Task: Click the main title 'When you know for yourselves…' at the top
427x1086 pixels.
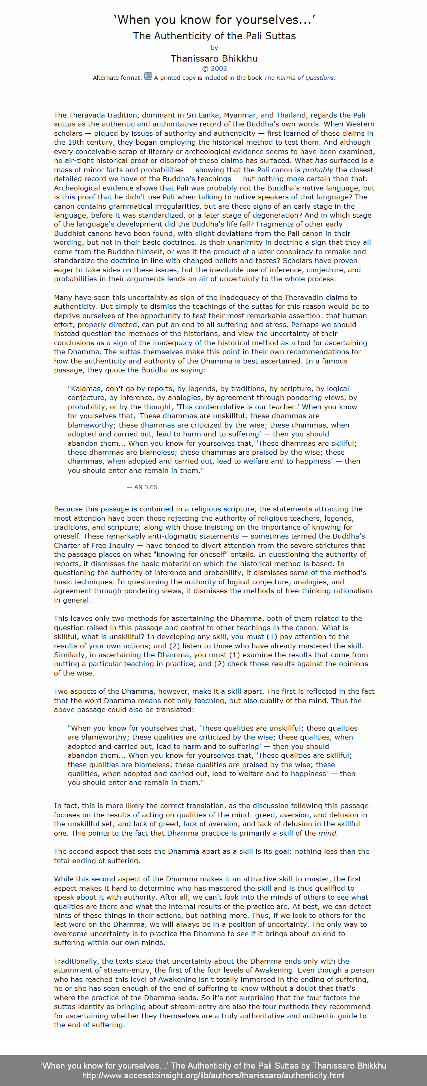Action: pos(214,20)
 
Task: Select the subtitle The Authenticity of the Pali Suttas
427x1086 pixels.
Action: pos(214,36)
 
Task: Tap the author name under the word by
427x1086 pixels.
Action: pos(214,58)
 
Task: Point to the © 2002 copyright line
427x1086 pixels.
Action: pos(214,69)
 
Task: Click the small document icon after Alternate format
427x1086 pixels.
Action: pos(148,76)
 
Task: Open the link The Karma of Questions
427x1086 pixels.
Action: pos(299,78)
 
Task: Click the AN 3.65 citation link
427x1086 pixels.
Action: pos(146,487)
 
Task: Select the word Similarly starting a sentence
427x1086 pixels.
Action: pos(69,655)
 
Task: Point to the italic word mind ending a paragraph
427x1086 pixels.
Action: pos(328,833)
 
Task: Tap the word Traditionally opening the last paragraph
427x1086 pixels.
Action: pos(76,961)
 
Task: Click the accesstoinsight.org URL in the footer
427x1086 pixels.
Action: pos(213,1075)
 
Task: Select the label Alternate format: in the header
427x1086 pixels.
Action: pos(117,78)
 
